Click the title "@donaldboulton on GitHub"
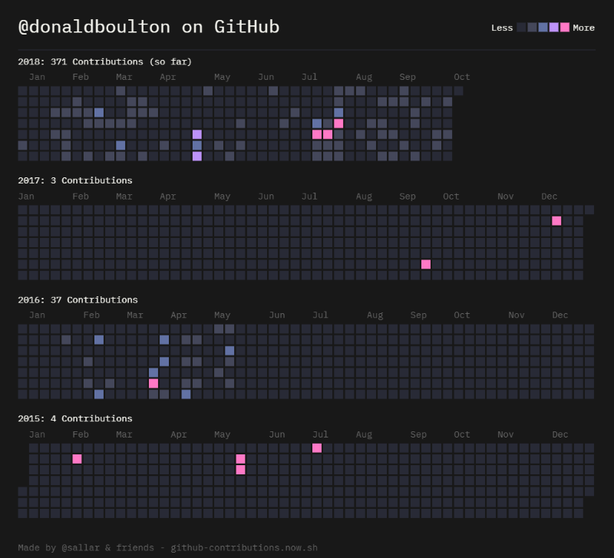pyautogui.click(x=149, y=27)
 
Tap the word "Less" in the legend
pyautogui.click(x=502, y=28)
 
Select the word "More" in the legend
pyautogui.click(x=583, y=28)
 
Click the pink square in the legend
pyautogui.click(x=565, y=27)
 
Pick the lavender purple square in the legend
pyautogui.click(x=554, y=27)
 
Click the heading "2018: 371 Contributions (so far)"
pyautogui.click(x=105, y=61)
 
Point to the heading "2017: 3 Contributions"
pyautogui.click(x=75, y=180)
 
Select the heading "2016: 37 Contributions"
pyautogui.click(x=78, y=299)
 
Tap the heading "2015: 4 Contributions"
pyautogui.click(x=75, y=418)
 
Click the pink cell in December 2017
pyautogui.click(x=556, y=221)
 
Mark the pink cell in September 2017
pyautogui.click(x=426, y=264)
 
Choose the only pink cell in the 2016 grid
pyautogui.click(x=153, y=383)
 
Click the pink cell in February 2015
pyautogui.click(x=77, y=459)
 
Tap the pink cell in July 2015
pyautogui.click(x=317, y=448)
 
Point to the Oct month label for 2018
pyautogui.click(x=461, y=77)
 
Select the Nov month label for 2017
pyautogui.click(x=505, y=196)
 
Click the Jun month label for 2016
pyautogui.click(x=277, y=315)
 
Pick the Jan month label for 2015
pyautogui.click(x=37, y=434)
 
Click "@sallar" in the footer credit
pyautogui.click(x=81, y=548)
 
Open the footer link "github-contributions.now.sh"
pyautogui.click(x=243, y=548)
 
